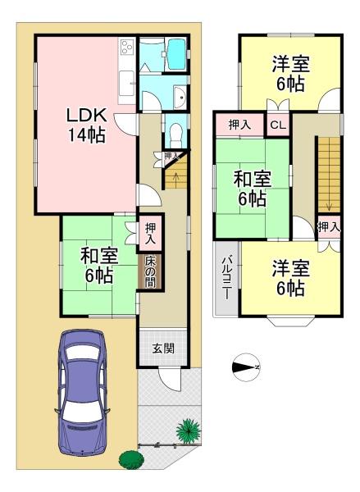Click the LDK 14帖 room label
click(86, 125)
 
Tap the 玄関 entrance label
click(163, 348)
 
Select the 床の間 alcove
click(150, 271)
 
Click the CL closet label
click(278, 125)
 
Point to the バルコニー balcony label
click(226, 278)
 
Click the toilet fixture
click(176, 134)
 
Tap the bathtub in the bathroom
click(176, 55)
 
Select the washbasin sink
click(180, 98)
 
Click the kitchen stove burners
click(127, 48)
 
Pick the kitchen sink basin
click(126, 81)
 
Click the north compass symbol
click(247, 367)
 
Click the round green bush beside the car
click(131, 460)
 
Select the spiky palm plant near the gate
click(189, 431)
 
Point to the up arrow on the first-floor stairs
click(176, 179)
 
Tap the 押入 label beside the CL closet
click(239, 125)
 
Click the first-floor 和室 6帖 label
click(99, 266)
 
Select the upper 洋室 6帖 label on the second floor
click(290, 74)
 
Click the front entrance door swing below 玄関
click(170, 379)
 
